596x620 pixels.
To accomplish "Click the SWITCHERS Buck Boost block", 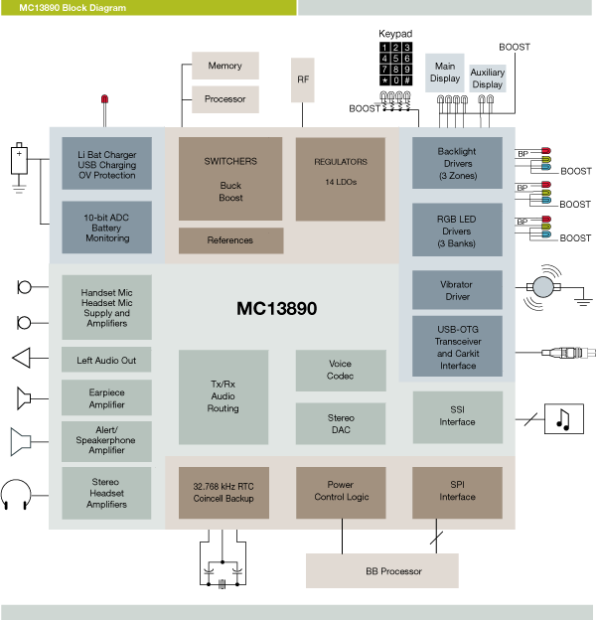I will pyautogui.click(x=231, y=179).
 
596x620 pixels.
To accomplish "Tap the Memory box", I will pyautogui.click(x=224, y=66).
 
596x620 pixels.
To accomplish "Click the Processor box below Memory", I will pyautogui.click(x=224, y=99).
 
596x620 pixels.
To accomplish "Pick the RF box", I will pyautogui.click(x=303, y=78).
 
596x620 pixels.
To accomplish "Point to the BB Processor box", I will pyautogui.click(x=381, y=571).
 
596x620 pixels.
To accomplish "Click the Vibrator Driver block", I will pyautogui.click(x=457, y=290).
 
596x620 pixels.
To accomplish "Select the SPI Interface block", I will pyautogui.click(x=457, y=491).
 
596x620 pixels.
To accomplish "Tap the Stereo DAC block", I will pyautogui.click(x=340, y=424).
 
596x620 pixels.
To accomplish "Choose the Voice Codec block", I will pyautogui.click(x=340, y=370).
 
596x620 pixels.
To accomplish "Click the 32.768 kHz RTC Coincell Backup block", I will pyautogui.click(x=223, y=492).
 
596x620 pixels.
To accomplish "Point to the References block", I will pyautogui.click(x=230, y=240).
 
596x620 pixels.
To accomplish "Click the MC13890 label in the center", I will pyautogui.click(x=276, y=308).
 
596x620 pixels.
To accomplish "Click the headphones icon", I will pyautogui.click(x=18, y=494).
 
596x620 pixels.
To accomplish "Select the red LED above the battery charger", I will pyautogui.click(x=103, y=100).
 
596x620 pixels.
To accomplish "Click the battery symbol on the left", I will pyautogui.click(x=18, y=160).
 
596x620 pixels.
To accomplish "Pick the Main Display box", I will pyautogui.click(x=444, y=73).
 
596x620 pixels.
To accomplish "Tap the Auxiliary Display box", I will pyautogui.click(x=487, y=79).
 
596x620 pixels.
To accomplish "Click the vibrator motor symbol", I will pyautogui.click(x=542, y=288).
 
